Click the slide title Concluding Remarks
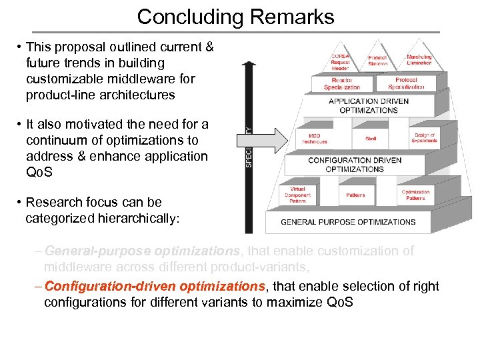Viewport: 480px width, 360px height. coord(235,16)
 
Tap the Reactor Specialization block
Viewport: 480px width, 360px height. coord(342,84)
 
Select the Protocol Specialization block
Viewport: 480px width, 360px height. coord(406,84)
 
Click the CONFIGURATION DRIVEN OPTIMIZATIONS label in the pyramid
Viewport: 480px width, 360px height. coord(355,165)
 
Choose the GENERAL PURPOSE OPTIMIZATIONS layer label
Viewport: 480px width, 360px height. coord(348,222)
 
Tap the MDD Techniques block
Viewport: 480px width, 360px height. coord(314,139)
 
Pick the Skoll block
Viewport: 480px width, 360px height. coord(371,139)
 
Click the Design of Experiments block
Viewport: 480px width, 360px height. coord(424,138)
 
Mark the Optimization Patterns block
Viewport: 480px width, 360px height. coord(415,195)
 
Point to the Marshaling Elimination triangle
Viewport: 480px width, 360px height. coord(419,59)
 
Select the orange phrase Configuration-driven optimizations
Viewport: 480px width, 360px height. coord(154,286)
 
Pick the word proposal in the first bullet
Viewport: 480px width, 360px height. coord(83,47)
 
